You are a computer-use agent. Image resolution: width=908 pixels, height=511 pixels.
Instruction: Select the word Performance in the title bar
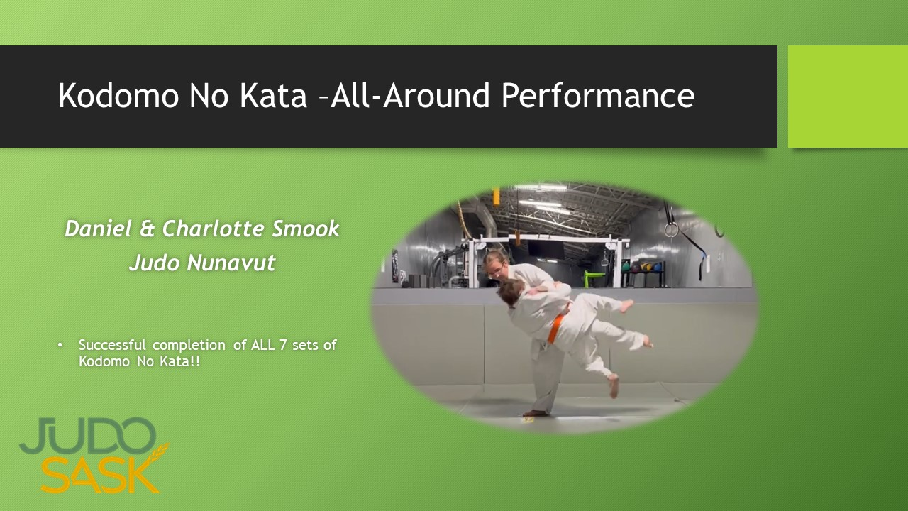pos(597,96)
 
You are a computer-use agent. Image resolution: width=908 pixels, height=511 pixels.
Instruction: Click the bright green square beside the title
pos(848,97)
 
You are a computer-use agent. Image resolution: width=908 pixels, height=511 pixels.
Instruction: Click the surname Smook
pos(307,229)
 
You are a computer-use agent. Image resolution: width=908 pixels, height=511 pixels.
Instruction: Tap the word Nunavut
pos(231,263)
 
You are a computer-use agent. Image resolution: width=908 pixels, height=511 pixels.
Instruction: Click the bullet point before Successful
pos(60,345)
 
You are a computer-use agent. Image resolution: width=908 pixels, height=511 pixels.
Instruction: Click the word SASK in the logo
pos(99,476)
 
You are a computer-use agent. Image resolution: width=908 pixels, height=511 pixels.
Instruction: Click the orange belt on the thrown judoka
pos(558,326)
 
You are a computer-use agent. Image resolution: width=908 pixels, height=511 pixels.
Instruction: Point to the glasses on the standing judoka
pos(497,269)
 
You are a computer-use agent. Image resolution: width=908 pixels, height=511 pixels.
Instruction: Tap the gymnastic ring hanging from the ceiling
pos(671,229)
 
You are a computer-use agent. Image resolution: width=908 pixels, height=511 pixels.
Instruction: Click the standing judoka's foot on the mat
pos(536,412)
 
